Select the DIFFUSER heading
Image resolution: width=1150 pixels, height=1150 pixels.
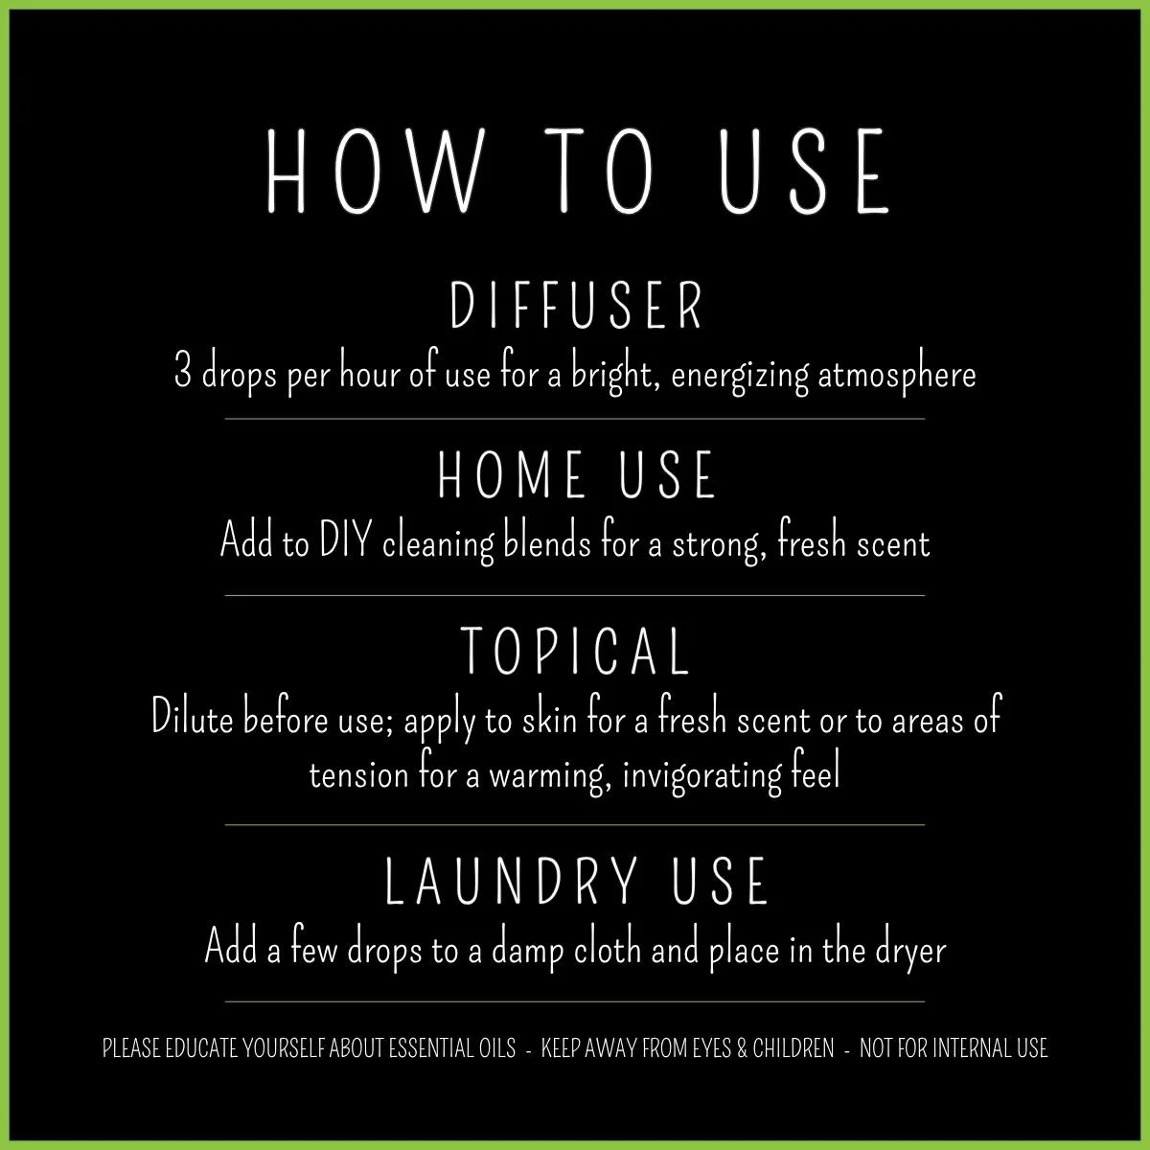click(577, 307)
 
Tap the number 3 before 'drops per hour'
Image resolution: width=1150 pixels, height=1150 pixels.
click(182, 373)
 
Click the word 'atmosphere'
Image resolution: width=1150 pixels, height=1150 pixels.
click(897, 374)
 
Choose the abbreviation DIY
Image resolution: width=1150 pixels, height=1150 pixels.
click(342, 543)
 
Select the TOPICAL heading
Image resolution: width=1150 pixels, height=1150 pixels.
click(576, 651)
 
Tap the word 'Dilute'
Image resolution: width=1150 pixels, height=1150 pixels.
click(192, 719)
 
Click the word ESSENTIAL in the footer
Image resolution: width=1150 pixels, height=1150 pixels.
click(429, 1048)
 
